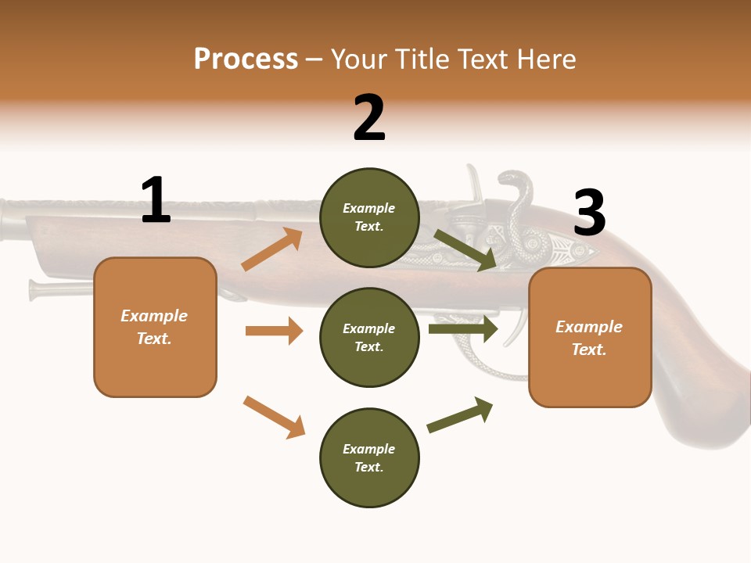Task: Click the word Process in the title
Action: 246,59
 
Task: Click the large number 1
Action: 156,200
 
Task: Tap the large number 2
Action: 369,118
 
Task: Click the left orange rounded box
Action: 155,327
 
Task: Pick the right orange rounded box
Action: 590,337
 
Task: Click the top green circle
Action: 369,217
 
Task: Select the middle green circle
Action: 369,337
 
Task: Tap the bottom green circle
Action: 369,457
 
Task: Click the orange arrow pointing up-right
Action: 272,249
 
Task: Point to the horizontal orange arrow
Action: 274,331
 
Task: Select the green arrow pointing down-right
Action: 466,250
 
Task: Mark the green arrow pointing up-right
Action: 460,415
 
